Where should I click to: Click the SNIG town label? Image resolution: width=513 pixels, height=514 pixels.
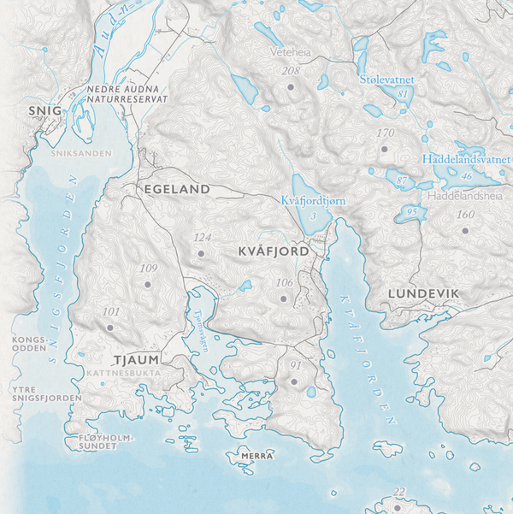(x=44, y=110)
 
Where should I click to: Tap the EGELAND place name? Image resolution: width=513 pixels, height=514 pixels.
(x=178, y=188)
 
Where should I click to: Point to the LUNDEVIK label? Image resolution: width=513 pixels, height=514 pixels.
(x=423, y=293)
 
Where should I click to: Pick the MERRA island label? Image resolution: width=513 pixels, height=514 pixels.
(x=257, y=456)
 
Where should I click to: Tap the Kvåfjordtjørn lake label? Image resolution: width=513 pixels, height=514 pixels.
(x=313, y=200)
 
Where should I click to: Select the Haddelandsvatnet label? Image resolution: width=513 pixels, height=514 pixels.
(x=467, y=159)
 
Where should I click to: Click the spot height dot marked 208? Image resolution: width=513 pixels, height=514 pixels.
(x=291, y=87)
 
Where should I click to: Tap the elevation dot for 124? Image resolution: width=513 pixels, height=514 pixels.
(x=202, y=253)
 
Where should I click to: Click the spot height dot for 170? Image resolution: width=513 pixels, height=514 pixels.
(x=385, y=150)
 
